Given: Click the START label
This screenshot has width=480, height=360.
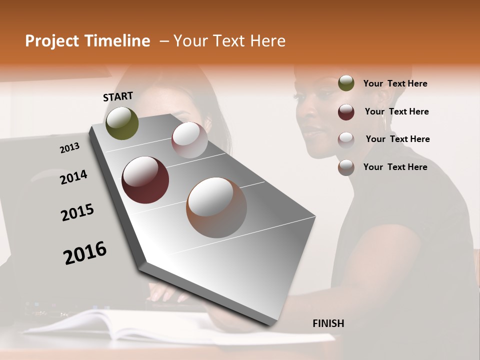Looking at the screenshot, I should (x=118, y=96).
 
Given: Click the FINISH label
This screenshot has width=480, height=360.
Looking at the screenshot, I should (x=328, y=323).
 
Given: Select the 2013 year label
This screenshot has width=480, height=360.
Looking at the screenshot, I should (x=69, y=148).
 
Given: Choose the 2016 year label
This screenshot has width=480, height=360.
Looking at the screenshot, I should (x=85, y=253).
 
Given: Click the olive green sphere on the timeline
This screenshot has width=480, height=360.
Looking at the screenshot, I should (x=122, y=123).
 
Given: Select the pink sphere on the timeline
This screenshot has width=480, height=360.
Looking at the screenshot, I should (x=189, y=140).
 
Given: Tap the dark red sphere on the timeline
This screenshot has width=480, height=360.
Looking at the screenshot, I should (x=145, y=180).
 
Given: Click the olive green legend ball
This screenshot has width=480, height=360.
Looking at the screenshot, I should (x=346, y=83).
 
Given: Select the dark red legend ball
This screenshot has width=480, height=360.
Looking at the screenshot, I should (x=346, y=111).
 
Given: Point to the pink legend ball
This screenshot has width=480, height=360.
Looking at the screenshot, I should (x=346, y=139).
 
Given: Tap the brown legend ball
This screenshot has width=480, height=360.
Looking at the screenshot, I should (x=346, y=167).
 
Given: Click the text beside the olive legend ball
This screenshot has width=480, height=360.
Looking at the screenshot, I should (x=395, y=83).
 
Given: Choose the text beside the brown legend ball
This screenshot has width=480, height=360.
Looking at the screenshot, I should (x=395, y=167).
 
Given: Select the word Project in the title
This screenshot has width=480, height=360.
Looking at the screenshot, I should (x=50, y=41).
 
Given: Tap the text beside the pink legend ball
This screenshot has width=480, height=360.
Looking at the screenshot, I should (x=397, y=139).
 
